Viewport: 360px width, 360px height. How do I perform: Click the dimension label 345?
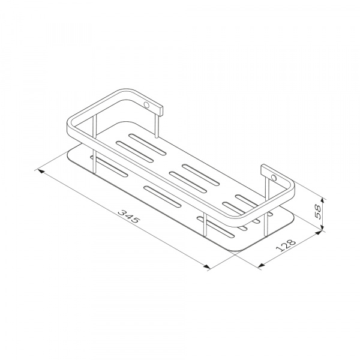[x=128, y=217]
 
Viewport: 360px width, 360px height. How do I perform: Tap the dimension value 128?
[x=286, y=245]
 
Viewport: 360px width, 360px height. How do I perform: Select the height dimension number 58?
[x=319, y=212]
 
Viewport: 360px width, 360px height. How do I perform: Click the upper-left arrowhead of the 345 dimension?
[x=41, y=171]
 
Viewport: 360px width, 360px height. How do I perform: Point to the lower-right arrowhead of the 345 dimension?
[x=206, y=266]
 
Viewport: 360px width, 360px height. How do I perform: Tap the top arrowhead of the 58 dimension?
[x=322, y=200]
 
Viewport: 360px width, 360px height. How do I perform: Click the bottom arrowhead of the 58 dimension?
[x=322, y=227]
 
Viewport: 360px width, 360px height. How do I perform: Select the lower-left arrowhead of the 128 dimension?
[x=261, y=266]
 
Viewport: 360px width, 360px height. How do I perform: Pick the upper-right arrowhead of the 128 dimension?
[x=318, y=233]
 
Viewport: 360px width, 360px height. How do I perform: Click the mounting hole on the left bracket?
[x=146, y=105]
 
